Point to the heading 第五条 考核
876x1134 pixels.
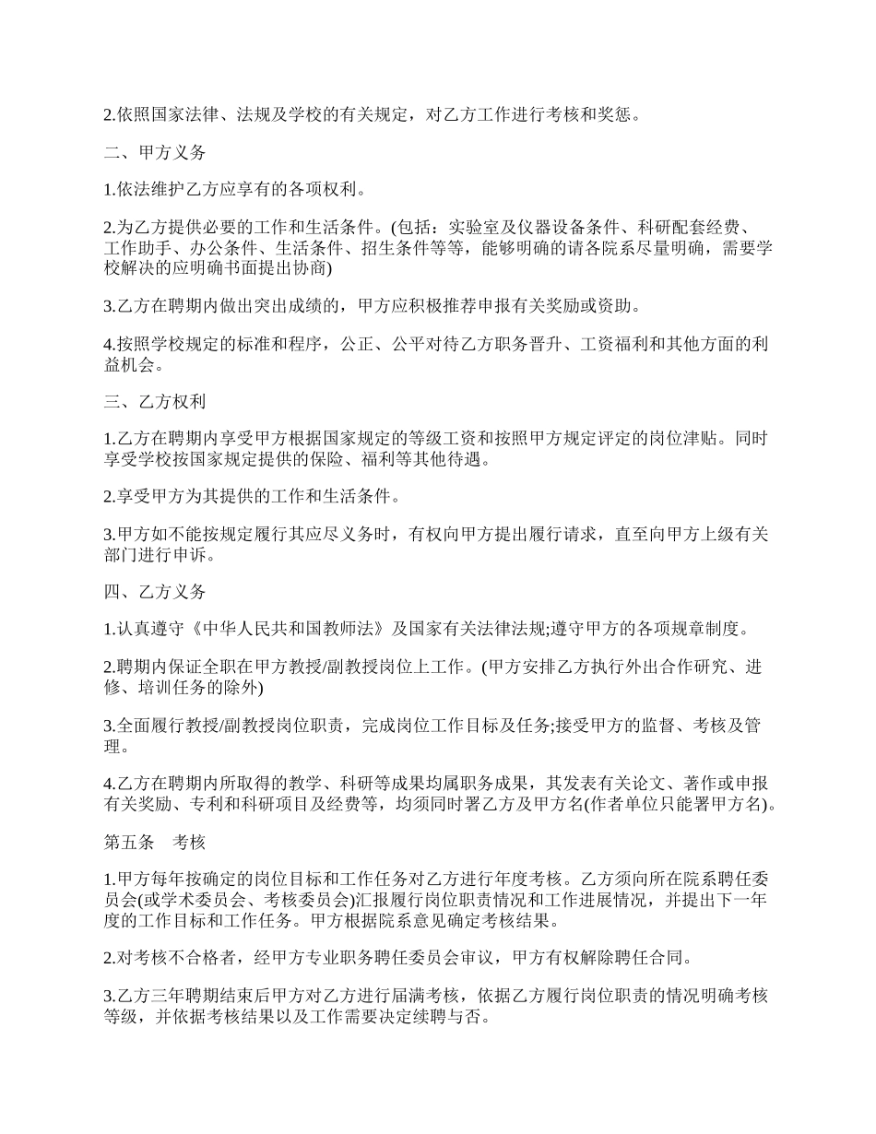point(153,842)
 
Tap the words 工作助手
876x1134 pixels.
point(137,249)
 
